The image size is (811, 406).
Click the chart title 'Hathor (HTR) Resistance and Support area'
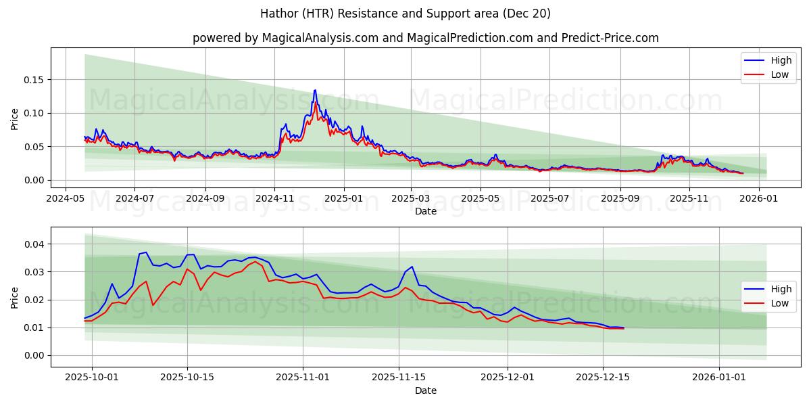click(405, 14)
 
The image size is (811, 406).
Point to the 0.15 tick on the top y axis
click(34, 80)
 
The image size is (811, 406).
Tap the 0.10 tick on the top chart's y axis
click(34, 113)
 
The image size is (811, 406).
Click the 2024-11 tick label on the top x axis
click(274, 198)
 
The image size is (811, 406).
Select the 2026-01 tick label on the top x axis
click(758, 198)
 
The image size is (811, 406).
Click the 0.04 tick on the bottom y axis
click(34, 244)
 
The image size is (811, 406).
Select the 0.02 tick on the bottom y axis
click(34, 300)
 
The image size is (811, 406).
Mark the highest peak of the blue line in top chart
click(314, 90)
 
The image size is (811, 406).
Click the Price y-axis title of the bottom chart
click(15, 297)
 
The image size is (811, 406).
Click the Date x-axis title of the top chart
click(426, 211)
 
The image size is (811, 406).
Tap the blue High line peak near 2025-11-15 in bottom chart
click(412, 267)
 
